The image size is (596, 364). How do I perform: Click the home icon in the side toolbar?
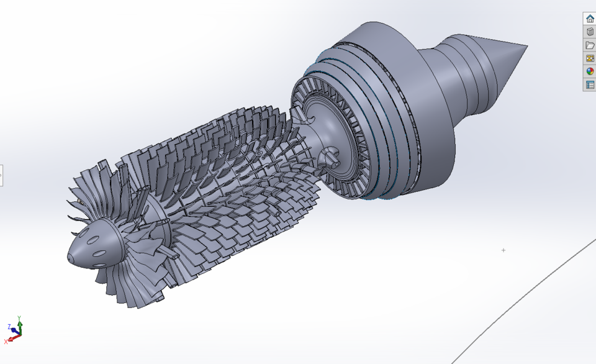point(590,19)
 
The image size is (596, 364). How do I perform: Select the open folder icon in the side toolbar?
point(590,45)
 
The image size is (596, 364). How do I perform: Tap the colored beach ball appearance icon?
point(590,71)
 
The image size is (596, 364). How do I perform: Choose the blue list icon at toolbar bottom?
point(590,84)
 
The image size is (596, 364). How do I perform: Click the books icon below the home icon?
point(590,32)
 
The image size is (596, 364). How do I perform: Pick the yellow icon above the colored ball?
point(590,58)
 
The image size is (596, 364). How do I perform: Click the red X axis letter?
point(6,341)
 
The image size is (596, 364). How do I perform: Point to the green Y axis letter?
point(20,318)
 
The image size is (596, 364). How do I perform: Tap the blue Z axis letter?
point(9,327)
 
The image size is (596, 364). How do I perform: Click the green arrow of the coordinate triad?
point(20,326)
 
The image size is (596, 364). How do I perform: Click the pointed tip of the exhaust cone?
point(526,46)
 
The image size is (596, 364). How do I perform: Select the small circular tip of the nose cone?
point(71,257)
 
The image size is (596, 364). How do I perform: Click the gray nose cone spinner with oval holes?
point(93,245)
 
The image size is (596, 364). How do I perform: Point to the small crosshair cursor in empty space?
point(503,250)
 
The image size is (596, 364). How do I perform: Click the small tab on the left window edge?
point(1,175)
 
